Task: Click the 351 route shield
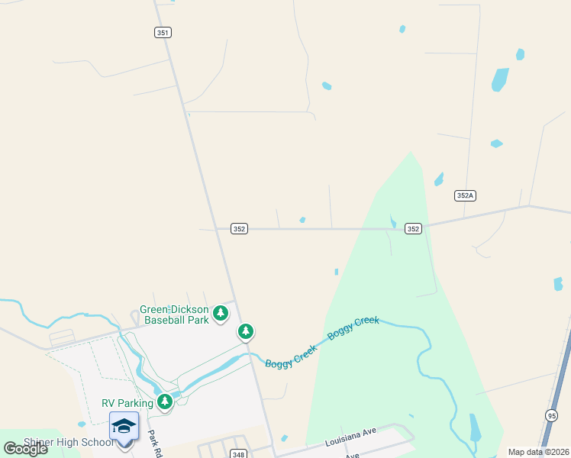click(163, 32)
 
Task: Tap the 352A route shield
click(465, 195)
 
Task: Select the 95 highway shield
click(551, 414)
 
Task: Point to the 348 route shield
click(238, 454)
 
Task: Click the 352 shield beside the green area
click(413, 228)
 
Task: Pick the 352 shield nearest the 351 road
click(240, 228)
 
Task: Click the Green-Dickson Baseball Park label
click(174, 315)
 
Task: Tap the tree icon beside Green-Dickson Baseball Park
click(221, 313)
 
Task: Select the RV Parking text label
click(127, 403)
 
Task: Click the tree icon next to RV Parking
click(164, 401)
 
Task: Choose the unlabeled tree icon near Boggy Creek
click(246, 331)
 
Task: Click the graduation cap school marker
click(124, 426)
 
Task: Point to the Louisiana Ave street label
click(350, 437)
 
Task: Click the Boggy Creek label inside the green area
click(353, 328)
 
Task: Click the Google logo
click(25, 449)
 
